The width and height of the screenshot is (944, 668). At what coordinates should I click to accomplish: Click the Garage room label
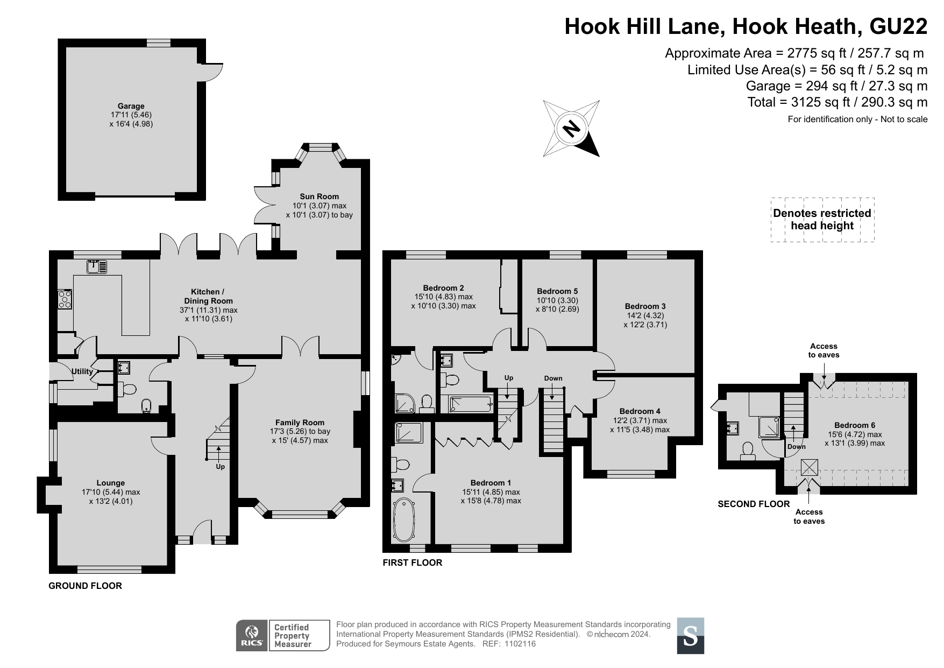pyautogui.click(x=131, y=106)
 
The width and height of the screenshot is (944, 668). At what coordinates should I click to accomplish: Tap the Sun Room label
pyautogui.click(x=320, y=196)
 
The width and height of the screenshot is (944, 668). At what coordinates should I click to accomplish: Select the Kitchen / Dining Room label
pyautogui.click(x=209, y=296)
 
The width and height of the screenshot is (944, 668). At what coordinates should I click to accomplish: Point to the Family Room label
pyautogui.click(x=300, y=423)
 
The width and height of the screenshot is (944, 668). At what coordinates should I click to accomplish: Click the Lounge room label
pyautogui.click(x=111, y=483)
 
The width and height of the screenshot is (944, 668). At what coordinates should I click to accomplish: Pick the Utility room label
pyautogui.click(x=82, y=371)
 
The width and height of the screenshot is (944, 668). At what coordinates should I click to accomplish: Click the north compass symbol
pyautogui.click(x=572, y=128)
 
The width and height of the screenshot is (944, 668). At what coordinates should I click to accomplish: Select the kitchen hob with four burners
pyautogui.click(x=65, y=299)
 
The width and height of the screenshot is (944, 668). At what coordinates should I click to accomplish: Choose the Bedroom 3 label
pyautogui.click(x=645, y=306)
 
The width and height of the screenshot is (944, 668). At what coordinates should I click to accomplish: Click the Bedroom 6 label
pyautogui.click(x=855, y=425)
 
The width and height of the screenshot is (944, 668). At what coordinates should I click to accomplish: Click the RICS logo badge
pyautogui.click(x=252, y=636)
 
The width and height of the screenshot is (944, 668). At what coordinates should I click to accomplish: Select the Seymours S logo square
pyautogui.click(x=691, y=636)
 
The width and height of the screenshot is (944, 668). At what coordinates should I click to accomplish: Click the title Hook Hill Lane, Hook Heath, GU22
pyautogui.click(x=746, y=26)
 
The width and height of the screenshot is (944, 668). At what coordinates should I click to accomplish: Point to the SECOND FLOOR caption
pyautogui.click(x=754, y=504)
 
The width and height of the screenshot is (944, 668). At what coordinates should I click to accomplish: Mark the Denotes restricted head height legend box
pyautogui.click(x=822, y=220)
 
